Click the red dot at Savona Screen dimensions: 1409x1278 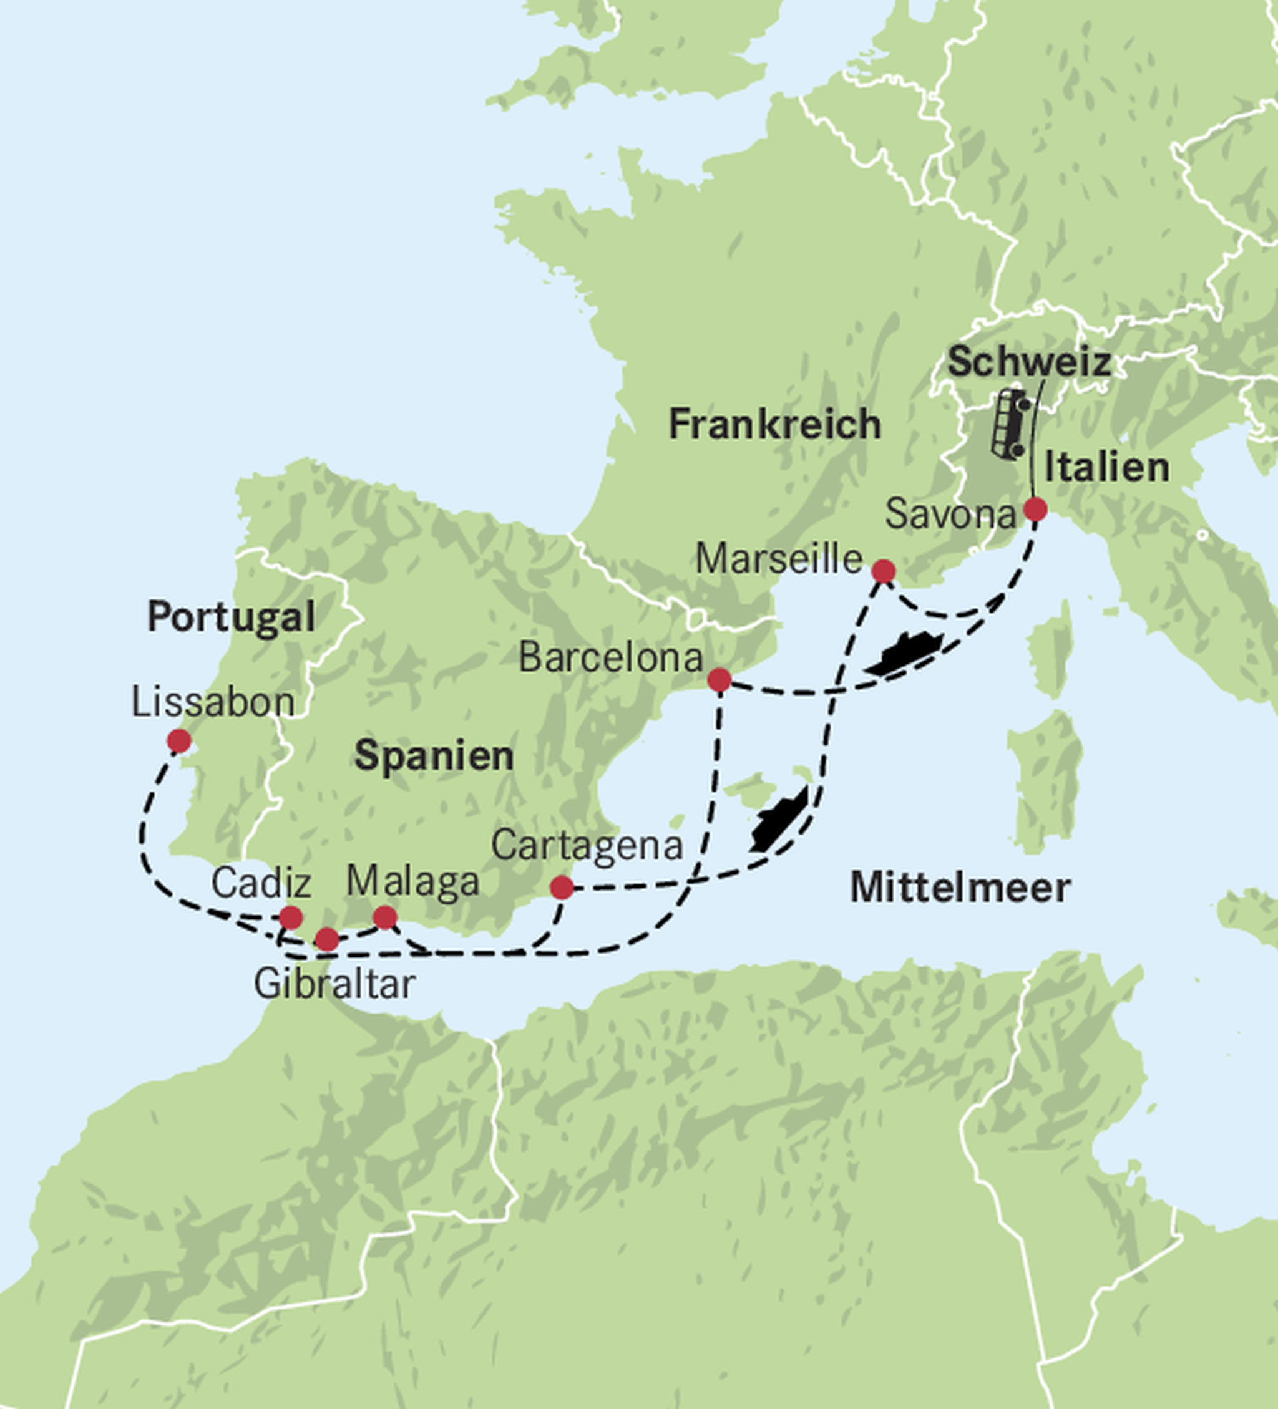[x=1035, y=510]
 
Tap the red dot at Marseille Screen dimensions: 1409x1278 [x=884, y=571]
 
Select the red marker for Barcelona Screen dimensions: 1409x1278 [x=719, y=679]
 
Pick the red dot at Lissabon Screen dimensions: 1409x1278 [x=179, y=741]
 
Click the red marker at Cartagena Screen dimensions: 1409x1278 [x=562, y=888]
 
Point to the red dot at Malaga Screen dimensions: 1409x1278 [x=385, y=918]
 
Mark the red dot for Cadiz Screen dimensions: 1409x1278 [x=291, y=917]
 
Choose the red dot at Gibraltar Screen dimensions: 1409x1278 [x=327, y=939]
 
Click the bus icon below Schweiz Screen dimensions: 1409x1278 [x=1011, y=424]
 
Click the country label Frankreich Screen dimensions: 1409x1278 [x=774, y=424]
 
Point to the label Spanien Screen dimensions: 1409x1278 [x=434, y=755]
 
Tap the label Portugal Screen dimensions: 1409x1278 [x=231, y=616]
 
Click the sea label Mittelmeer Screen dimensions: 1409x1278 [x=960, y=888]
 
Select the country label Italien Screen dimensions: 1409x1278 [x=1107, y=467]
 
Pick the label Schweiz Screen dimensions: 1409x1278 [x=1029, y=362]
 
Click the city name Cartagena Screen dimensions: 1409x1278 [x=587, y=846]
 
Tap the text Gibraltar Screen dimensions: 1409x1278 [x=334, y=984]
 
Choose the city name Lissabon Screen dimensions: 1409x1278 [x=213, y=702]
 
